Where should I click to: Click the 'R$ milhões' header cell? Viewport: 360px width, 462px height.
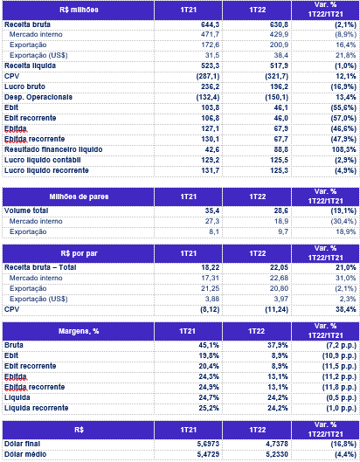[x=79, y=10]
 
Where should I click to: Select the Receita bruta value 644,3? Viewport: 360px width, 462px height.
[x=210, y=24]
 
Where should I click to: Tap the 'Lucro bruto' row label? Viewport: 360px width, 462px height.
[x=24, y=86]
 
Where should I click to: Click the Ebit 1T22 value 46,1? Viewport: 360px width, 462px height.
[x=280, y=107]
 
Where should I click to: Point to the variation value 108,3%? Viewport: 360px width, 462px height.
[x=343, y=149]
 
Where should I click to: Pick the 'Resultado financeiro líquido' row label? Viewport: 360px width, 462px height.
[x=53, y=149]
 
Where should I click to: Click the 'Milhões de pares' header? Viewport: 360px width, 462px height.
[x=79, y=197]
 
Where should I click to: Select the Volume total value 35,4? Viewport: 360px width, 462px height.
[x=212, y=210]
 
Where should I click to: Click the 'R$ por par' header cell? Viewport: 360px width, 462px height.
[x=79, y=253]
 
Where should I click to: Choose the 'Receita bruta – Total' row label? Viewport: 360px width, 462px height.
[x=40, y=267]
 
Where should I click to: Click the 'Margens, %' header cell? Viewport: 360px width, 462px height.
[x=79, y=331]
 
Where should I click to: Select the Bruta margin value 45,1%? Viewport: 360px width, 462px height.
[x=209, y=345]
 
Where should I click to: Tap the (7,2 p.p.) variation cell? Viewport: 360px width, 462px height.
[x=339, y=345]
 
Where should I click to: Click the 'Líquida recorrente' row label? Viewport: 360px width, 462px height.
[x=37, y=408]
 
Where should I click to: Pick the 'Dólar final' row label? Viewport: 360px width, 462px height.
[x=22, y=444]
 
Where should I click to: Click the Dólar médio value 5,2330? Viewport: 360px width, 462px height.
[x=277, y=454]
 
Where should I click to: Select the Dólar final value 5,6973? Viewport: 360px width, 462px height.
[x=208, y=444]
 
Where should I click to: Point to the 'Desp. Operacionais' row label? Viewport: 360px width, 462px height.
[x=38, y=97]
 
